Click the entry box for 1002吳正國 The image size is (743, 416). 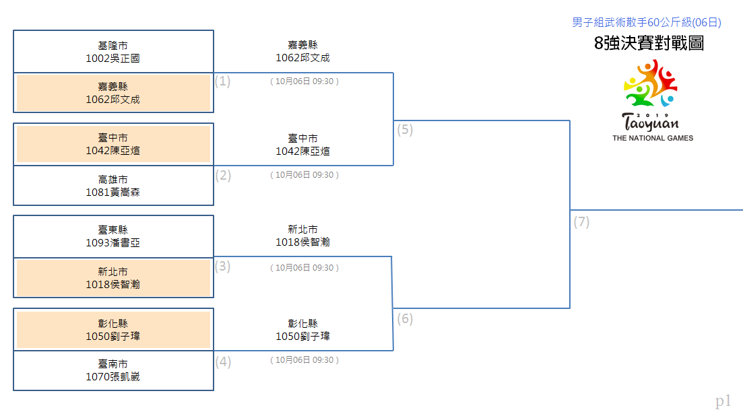(x=113, y=52)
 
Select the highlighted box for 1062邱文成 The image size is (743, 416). (x=113, y=93)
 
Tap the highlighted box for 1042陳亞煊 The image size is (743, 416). (x=113, y=144)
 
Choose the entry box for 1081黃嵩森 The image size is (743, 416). (x=113, y=186)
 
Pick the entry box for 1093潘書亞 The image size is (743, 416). (x=113, y=237)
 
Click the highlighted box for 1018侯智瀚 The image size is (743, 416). (x=113, y=278)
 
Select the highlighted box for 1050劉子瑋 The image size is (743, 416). (x=113, y=329)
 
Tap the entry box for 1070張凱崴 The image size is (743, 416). (x=113, y=371)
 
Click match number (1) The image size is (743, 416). (x=223, y=81)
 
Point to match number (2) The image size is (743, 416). (x=223, y=176)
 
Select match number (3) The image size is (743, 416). (x=223, y=267)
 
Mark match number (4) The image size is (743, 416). (x=223, y=362)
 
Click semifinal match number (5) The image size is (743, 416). (x=405, y=130)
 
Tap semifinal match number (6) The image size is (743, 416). (x=405, y=319)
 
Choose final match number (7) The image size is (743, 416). (x=581, y=222)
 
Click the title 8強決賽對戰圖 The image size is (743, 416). (x=649, y=43)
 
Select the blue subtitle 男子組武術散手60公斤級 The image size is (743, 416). (x=632, y=22)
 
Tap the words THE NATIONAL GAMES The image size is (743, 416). (x=653, y=138)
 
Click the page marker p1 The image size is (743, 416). (x=723, y=401)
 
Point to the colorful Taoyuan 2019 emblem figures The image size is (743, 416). (x=651, y=83)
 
